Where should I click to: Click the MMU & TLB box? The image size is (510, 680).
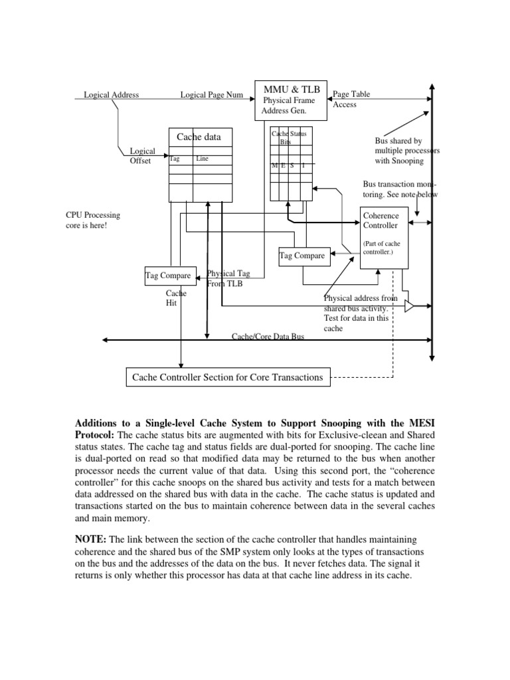(x=291, y=100)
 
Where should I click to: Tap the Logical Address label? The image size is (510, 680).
(x=111, y=95)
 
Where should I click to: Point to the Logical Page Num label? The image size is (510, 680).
(x=212, y=95)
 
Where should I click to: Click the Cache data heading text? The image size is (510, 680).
(x=199, y=137)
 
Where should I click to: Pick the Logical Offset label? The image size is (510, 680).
(x=141, y=156)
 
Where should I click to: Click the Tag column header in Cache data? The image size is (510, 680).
(x=175, y=159)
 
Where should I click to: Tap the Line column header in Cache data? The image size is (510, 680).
(x=202, y=159)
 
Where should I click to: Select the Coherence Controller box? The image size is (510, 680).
(x=385, y=237)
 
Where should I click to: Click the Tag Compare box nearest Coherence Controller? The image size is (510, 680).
(x=302, y=256)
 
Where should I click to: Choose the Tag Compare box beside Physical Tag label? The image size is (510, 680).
(x=168, y=275)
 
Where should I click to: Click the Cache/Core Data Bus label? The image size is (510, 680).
(x=268, y=337)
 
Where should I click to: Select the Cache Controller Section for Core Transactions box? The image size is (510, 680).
(x=228, y=377)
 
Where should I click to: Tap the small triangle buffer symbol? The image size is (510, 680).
(x=409, y=306)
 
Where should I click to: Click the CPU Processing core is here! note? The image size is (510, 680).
(x=92, y=220)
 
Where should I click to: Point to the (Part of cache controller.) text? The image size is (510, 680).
(x=382, y=248)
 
